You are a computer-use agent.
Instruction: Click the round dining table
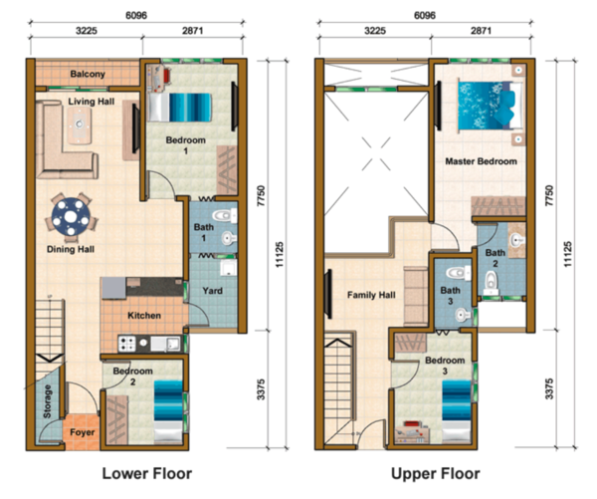click(71, 216)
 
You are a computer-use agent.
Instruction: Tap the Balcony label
click(88, 74)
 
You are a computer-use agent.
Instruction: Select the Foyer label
click(83, 432)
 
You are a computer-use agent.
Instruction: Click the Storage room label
click(47, 401)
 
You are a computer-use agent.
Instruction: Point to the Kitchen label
click(144, 316)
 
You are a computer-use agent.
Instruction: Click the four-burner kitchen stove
click(127, 344)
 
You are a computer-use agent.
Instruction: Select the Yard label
click(213, 291)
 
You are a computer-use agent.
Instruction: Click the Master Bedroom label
click(482, 161)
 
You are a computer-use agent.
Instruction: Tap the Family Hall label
click(371, 295)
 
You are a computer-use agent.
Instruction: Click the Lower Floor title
click(147, 473)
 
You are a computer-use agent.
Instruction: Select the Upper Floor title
click(436, 473)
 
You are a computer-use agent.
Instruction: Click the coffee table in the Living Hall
click(80, 125)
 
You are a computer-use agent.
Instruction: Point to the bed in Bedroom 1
click(180, 108)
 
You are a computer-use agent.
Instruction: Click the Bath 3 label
click(450, 296)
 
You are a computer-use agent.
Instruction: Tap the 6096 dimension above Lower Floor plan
click(136, 15)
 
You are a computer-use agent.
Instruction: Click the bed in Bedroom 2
click(168, 411)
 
